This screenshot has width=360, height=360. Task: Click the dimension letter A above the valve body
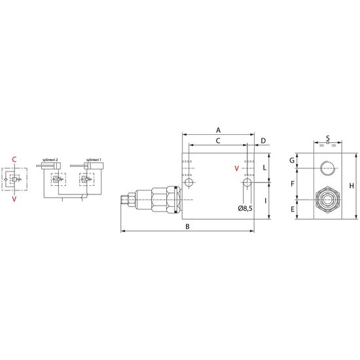(218, 130)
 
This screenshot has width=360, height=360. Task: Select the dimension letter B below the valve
(188, 226)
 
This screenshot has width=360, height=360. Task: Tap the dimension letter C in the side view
(218, 141)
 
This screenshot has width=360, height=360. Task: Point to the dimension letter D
(263, 141)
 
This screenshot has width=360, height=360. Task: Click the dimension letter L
(264, 168)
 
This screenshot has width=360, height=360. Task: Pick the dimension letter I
(265, 201)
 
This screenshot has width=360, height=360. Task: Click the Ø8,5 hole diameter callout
(245, 208)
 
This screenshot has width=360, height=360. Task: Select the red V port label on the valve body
(237, 168)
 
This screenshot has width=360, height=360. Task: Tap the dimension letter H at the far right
(351, 186)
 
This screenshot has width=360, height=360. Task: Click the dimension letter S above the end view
(328, 138)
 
